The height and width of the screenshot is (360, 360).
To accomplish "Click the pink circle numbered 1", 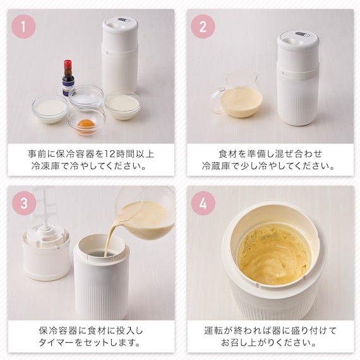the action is pyautogui.click(x=23, y=27).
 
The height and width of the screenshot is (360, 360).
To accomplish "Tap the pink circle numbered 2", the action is pyautogui.click(x=203, y=27).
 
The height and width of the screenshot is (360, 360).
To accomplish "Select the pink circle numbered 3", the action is pyautogui.click(x=24, y=203).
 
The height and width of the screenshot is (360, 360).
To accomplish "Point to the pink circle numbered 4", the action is pyautogui.click(x=203, y=203).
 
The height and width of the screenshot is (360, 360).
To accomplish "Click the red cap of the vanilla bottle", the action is pyautogui.click(x=67, y=65).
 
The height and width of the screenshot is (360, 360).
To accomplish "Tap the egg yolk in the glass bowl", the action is pyautogui.click(x=86, y=124).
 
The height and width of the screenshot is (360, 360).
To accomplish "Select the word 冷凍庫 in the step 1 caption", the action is pyautogui.click(x=45, y=165).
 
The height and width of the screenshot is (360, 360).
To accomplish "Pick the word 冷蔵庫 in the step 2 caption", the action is pyautogui.click(x=216, y=165).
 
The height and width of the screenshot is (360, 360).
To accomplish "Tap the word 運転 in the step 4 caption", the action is pyautogui.click(x=213, y=331).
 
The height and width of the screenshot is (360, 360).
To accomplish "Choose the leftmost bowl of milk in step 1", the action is pyautogui.click(x=50, y=109).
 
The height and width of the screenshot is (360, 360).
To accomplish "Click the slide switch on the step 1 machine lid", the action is pyautogui.click(x=124, y=20).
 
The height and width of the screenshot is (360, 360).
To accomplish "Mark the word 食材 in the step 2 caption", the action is pyautogui.click(x=228, y=154).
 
